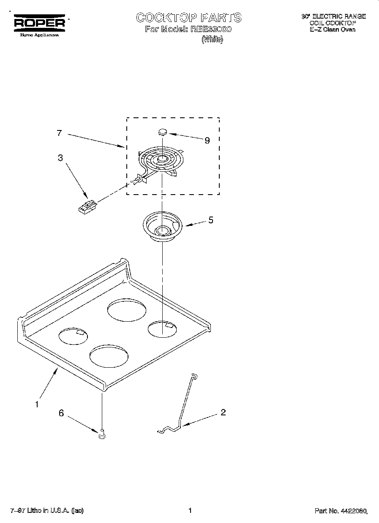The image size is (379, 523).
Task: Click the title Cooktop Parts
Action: tap(188, 17)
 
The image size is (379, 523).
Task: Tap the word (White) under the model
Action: tap(212, 40)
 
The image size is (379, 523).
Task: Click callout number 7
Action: tap(59, 133)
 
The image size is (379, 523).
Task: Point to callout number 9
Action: tap(207, 141)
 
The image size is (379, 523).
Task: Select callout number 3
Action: tap(60, 158)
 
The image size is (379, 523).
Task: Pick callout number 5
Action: tap(211, 220)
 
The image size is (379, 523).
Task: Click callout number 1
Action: tap(37, 404)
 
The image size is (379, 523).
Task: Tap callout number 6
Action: tap(61, 413)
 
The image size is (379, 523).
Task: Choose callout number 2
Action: tap(223, 412)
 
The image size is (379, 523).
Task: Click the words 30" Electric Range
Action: tap(333, 16)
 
